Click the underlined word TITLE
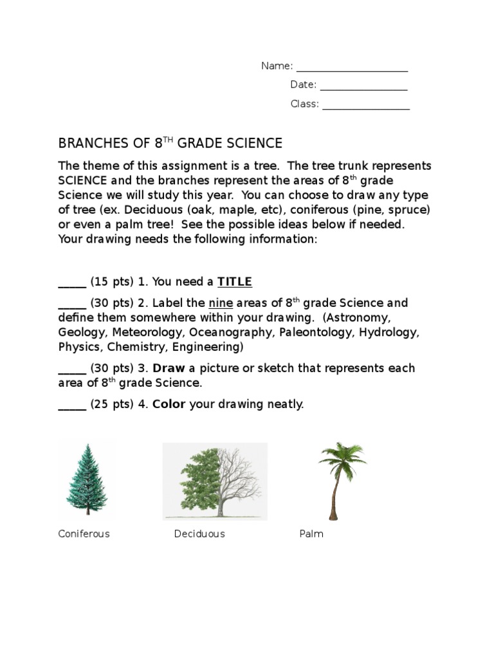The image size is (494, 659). (x=235, y=281)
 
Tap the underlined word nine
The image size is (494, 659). (x=220, y=302)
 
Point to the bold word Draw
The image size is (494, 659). (x=169, y=368)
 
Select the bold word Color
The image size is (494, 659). (x=169, y=404)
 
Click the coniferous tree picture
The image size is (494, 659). (x=86, y=480)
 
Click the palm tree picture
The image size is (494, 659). (x=338, y=480)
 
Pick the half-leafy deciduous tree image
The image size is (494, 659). (x=214, y=481)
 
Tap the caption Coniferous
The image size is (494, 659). (x=84, y=534)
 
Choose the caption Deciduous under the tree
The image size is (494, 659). (x=199, y=534)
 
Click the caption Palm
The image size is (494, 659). (x=311, y=534)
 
